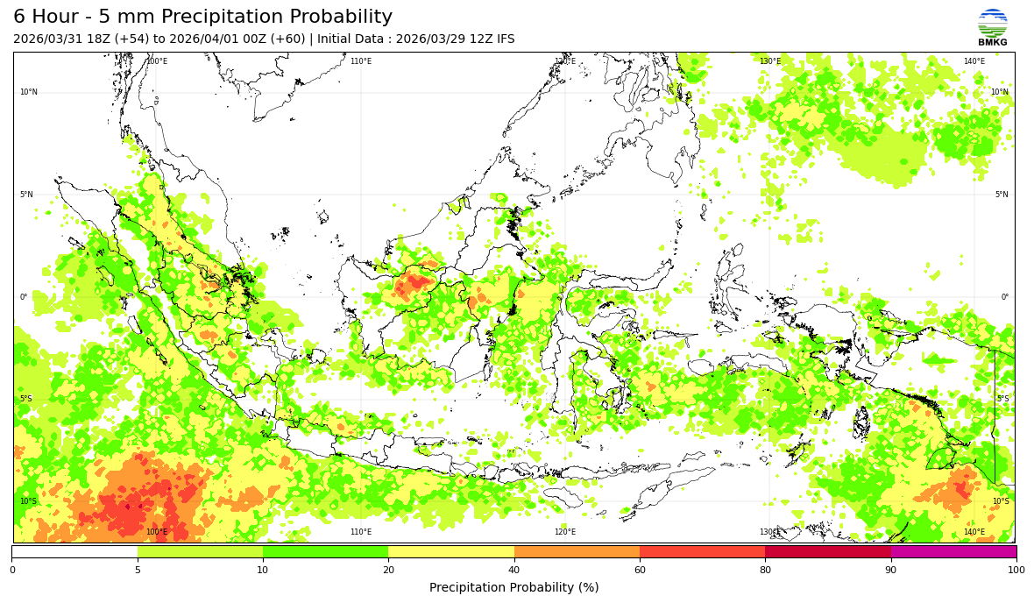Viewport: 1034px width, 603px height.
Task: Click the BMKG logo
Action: [992, 26]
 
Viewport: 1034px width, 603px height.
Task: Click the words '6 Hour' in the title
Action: [49, 18]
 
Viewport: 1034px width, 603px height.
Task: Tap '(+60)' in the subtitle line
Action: [287, 39]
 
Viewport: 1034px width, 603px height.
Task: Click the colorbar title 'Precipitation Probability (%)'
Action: [513, 587]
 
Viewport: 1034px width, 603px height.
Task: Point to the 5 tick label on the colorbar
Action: [138, 571]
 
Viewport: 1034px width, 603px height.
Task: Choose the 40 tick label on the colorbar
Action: [514, 571]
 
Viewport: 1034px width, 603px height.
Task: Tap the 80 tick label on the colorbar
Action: [765, 571]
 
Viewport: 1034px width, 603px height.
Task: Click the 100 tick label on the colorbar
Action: [1016, 571]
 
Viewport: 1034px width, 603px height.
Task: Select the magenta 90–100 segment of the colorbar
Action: [953, 552]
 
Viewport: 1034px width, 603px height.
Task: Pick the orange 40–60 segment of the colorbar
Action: [577, 552]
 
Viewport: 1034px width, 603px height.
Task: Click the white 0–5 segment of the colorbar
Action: [74, 552]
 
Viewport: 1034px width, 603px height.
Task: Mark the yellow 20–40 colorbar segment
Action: [451, 552]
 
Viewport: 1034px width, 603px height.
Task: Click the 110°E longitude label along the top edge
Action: [361, 61]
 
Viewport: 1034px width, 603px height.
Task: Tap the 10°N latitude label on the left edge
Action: [29, 92]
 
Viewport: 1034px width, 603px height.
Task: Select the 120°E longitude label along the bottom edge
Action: [565, 532]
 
